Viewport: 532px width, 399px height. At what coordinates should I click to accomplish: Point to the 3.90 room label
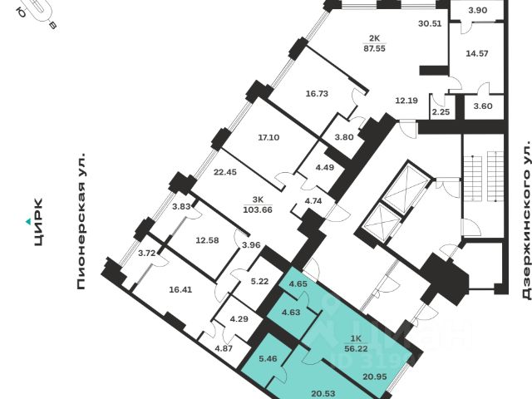pos(477,10)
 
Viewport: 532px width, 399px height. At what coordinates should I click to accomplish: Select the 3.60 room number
pos(482,107)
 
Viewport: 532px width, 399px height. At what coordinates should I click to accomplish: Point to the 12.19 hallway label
pos(406,100)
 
